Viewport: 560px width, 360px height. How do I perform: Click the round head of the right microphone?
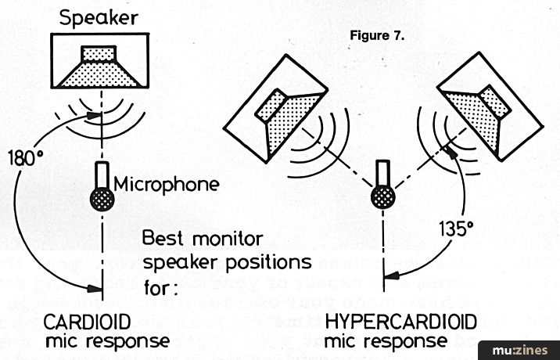[382, 196]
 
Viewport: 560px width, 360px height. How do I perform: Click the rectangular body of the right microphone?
[382, 173]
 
